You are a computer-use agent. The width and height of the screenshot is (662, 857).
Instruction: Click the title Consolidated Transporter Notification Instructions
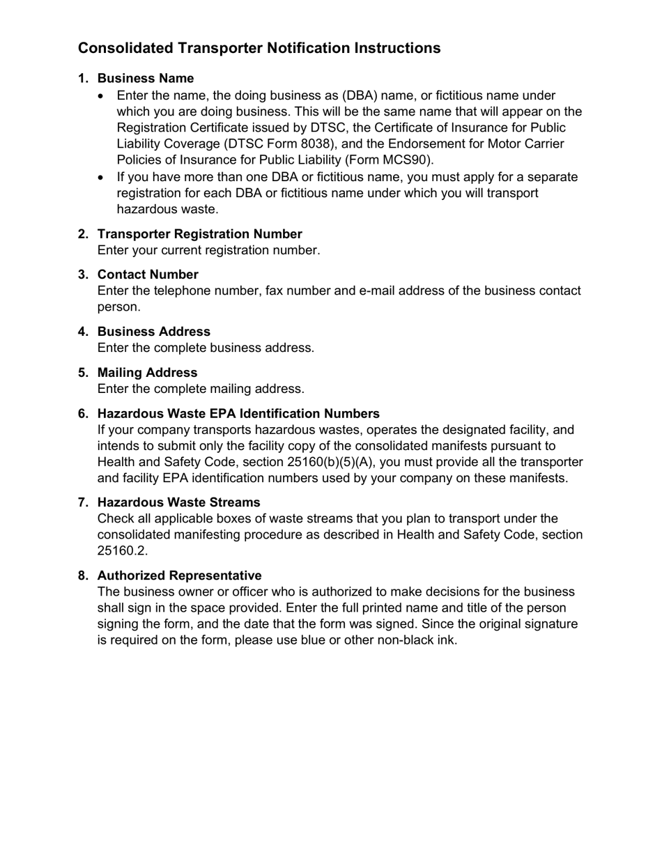259,48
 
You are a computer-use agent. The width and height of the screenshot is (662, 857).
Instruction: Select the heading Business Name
146,78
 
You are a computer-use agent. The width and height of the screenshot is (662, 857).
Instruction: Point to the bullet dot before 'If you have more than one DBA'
102,178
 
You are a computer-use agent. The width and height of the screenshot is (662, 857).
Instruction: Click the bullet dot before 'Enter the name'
102,96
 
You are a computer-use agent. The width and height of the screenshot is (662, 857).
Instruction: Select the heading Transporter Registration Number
199,234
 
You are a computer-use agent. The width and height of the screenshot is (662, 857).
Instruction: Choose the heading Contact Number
148,275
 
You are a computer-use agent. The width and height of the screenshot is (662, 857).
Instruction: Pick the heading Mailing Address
147,373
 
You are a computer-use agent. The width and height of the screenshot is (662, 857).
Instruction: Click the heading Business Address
153,332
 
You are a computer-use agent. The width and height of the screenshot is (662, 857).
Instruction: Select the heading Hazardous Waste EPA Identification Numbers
238,414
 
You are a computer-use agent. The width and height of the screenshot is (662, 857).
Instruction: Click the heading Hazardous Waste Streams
178,502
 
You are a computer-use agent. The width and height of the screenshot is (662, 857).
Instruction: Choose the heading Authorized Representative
179,576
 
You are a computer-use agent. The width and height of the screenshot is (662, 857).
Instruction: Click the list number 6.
83,414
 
